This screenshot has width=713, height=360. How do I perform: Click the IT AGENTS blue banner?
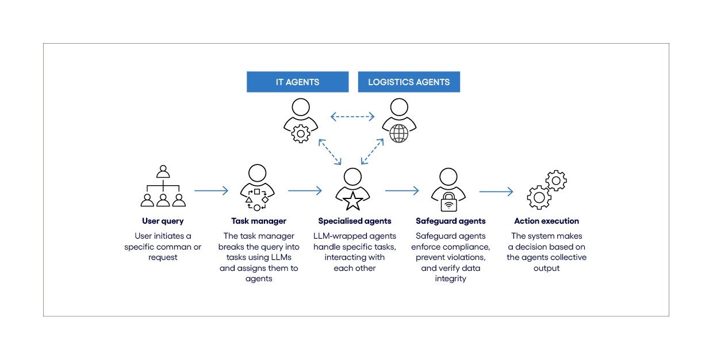[x=297, y=82]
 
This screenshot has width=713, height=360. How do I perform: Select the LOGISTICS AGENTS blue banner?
[x=409, y=82]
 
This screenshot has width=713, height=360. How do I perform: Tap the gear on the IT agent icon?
[x=301, y=133]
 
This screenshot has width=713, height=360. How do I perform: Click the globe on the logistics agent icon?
[x=398, y=133]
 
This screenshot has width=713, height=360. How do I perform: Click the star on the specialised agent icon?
[x=352, y=202]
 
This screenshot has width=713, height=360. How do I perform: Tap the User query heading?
[x=163, y=221]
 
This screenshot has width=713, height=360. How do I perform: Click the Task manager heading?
[x=259, y=221]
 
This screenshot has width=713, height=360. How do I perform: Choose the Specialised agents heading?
[x=355, y=221]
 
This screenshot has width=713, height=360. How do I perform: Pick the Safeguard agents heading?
[x=450, y=221]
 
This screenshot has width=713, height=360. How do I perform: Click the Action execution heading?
[x=546, y=221]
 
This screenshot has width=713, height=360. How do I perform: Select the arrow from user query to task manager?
[x=211, y=191]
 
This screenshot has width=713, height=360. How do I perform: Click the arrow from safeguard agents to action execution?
[x=496, y=191]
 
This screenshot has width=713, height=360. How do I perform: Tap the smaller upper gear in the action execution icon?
[x=555, y=181]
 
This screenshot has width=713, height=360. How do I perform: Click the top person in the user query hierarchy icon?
[x=163, y=172]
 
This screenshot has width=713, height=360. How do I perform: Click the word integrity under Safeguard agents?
[x=450, y=279]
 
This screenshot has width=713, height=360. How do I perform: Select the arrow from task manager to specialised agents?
[x=305, y=191]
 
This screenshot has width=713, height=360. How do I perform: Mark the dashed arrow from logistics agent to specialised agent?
[x=372, y=151]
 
